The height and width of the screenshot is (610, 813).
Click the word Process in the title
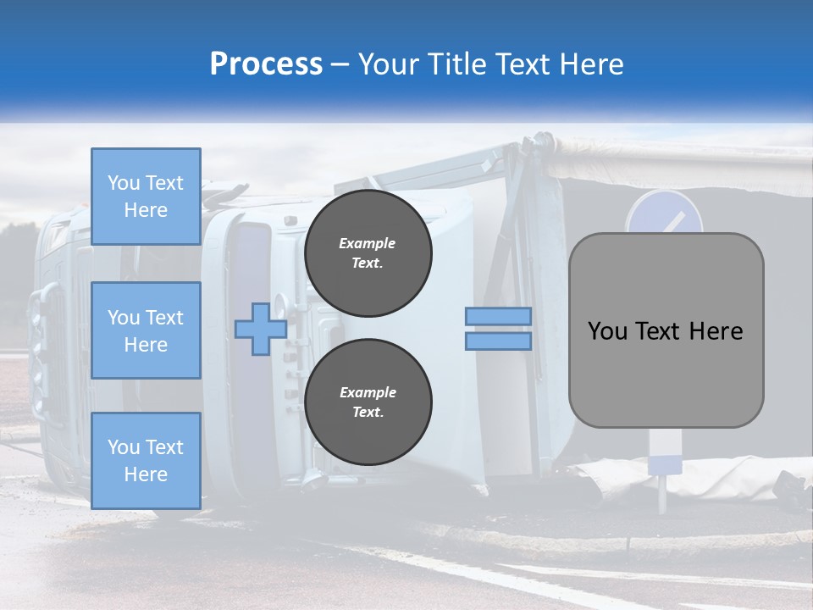click(x=266, y=64)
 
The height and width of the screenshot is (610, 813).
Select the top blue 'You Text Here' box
click(x=146, y=197)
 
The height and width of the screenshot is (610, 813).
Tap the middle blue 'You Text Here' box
click(x=146, y=330)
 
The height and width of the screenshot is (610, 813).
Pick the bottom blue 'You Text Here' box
click(x=146, y=461)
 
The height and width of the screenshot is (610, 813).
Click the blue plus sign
click(x=260, y=329)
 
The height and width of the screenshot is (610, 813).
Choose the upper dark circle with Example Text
click(x=368, y=253)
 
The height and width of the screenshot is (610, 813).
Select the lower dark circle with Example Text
click(x=368, y=402)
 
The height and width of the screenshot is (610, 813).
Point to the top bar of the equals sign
click(x=499, y=316)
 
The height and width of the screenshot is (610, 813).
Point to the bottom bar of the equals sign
click(x=499, y=341)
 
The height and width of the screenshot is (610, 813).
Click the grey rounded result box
click(x=666, y=373)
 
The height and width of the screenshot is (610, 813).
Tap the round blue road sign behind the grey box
click(x=665, y=213)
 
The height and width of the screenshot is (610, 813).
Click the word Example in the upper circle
click(x=368, y=243)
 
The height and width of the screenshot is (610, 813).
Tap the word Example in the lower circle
click(x=368, y=392)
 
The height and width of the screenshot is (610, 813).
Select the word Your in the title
click(x=388, y=64)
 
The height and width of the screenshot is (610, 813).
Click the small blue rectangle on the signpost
click(x=665, y=465)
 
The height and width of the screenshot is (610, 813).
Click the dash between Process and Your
click(x=340, y=64)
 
